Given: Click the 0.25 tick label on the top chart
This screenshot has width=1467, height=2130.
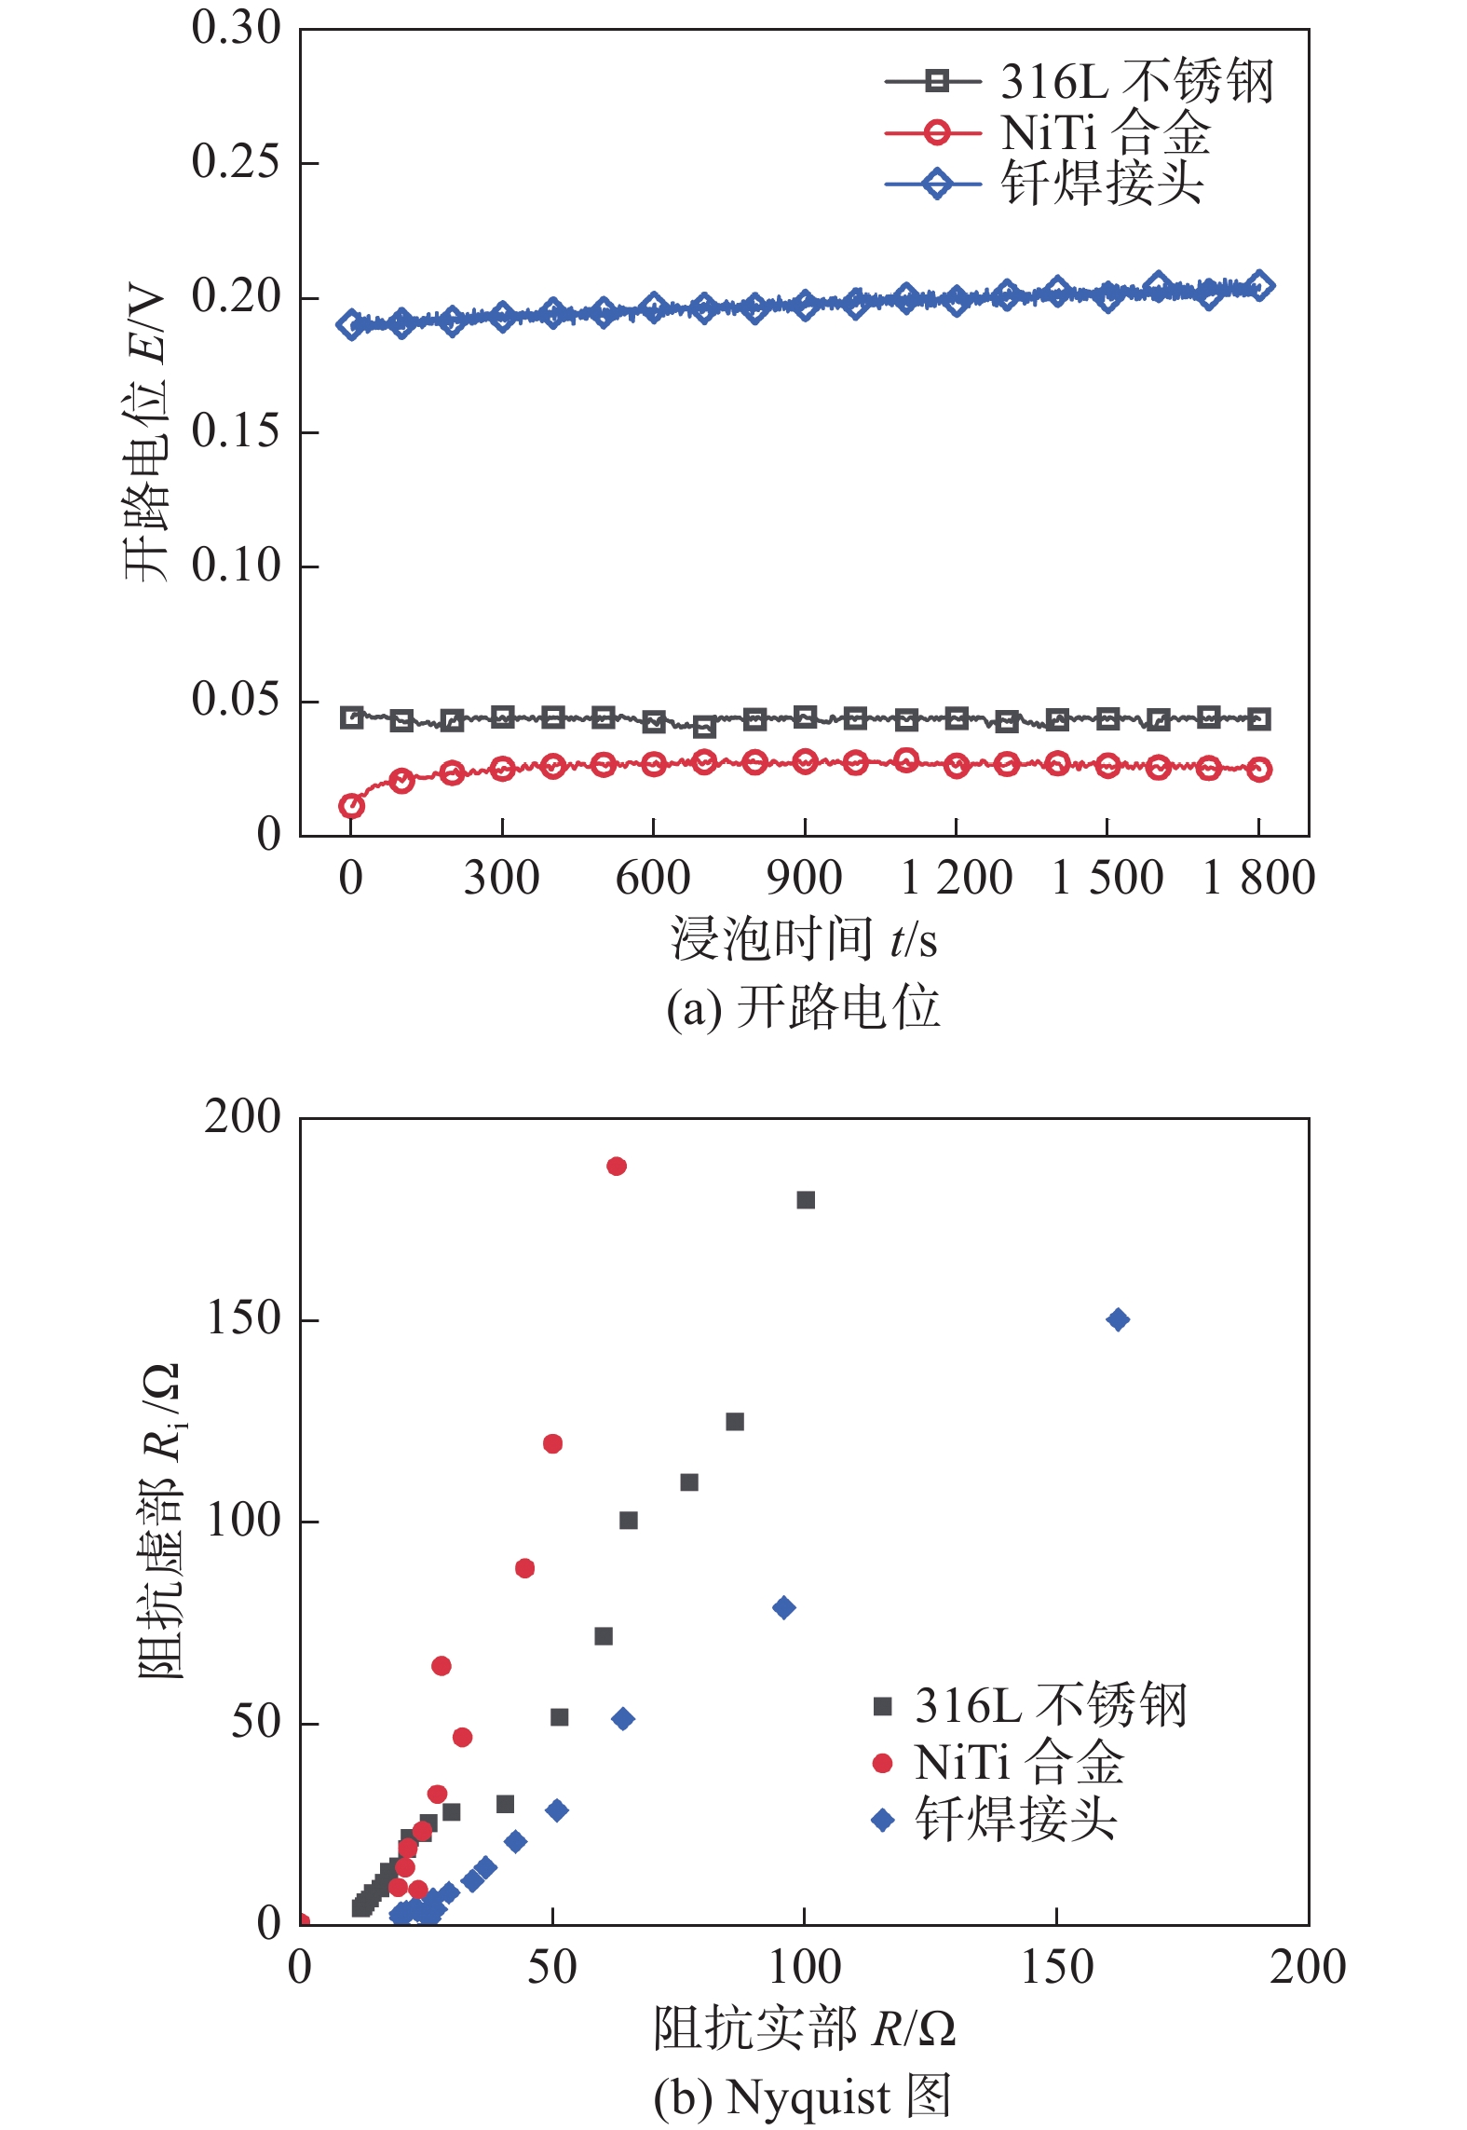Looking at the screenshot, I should pos(235,162).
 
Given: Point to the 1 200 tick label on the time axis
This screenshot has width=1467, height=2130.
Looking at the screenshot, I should pos(956,878).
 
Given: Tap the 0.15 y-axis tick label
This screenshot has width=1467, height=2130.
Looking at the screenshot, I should pos(235,431).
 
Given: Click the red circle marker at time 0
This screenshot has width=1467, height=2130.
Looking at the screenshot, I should pos(351,806).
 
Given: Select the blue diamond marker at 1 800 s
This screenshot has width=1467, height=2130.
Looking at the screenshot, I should pos(1259,285).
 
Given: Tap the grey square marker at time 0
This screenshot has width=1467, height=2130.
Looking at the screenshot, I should pos(351,717).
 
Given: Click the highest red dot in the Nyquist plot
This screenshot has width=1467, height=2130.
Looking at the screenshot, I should pos(617,1166).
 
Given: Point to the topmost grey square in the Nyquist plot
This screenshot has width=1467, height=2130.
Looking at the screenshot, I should pos(806,1200).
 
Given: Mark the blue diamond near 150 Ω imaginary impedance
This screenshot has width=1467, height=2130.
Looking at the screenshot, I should pos(1118,1319).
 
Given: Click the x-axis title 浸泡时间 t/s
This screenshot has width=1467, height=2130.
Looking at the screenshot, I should pos(803,938).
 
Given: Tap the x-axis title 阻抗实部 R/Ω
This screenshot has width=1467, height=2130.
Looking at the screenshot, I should pos(803,2028).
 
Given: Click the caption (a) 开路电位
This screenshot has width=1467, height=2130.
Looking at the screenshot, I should pos(803,1008).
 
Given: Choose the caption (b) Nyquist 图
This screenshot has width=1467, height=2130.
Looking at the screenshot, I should pos(803,2096).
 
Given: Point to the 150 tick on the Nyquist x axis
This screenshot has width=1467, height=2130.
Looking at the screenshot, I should pos(1056,1967).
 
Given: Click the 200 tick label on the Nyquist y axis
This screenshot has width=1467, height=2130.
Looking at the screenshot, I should pos(242,1116).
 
